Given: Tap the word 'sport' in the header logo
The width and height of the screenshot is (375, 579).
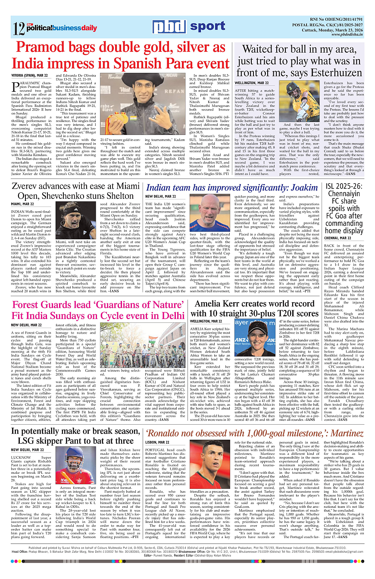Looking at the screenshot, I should (x=207, y=27).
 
